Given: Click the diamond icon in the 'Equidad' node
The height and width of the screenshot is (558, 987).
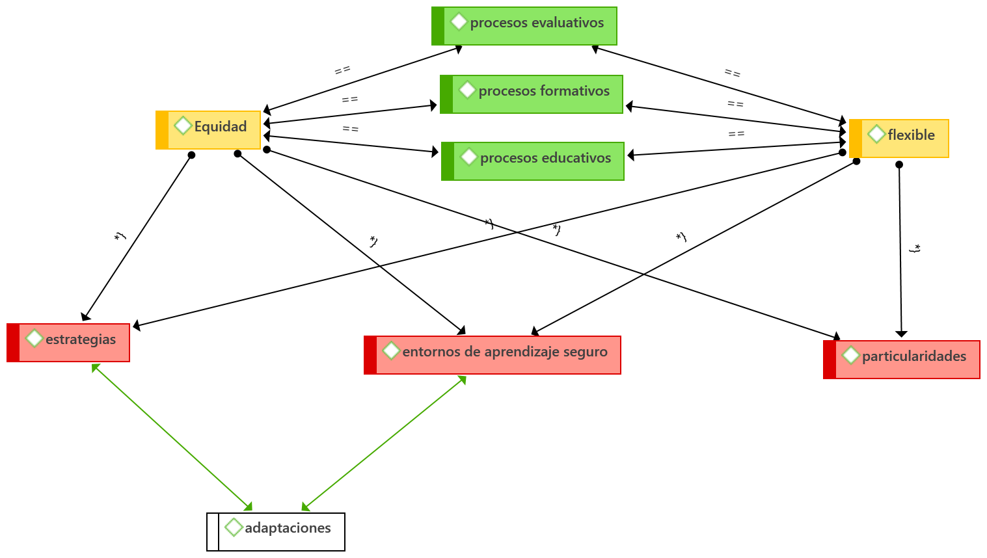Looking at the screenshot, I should pyautogui.click(x=183, y=126).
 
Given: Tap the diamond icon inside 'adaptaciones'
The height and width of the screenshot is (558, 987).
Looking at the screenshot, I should pyautogui.click(x=234, y=527).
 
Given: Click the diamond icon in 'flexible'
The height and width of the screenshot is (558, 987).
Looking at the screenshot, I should pyautogui.click(x=876, y=134).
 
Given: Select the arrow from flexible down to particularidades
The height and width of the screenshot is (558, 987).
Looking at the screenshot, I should pyautogui.click(x=900, y=250).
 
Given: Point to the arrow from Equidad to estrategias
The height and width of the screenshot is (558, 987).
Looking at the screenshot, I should pyautogui.click(x=137, y=237).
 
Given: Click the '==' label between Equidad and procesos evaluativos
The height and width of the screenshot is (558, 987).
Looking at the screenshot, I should pyautogui.click(x=342, y=70).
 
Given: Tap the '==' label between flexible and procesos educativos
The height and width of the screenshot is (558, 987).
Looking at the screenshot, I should pyautogui.click(x=736, y=134).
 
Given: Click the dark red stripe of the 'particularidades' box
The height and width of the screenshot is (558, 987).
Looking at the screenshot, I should pyautogui.click(x=830, y=360).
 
